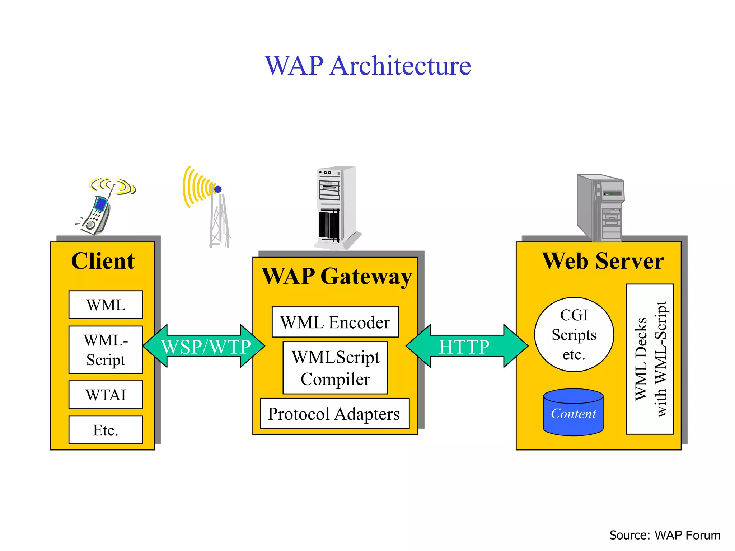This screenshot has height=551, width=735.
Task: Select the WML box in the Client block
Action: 106,305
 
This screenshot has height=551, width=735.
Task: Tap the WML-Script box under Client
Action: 106,350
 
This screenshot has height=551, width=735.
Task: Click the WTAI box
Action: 106,395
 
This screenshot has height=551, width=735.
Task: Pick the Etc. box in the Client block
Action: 106,430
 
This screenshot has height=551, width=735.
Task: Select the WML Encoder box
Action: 335,322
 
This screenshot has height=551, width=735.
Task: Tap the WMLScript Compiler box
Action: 335,368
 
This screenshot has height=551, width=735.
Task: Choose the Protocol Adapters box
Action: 334,414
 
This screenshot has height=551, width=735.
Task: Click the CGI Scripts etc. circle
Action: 574,334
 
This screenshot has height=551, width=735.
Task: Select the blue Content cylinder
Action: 573,413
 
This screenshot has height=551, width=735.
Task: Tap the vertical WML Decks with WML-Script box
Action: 650,359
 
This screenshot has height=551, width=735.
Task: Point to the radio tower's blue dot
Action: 218,189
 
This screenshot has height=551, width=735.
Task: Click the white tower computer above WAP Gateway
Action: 336,206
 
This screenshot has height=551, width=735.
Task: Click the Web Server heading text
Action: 603,261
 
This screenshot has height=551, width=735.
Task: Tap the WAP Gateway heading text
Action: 336,277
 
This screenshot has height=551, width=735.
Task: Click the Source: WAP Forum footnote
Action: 665,535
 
